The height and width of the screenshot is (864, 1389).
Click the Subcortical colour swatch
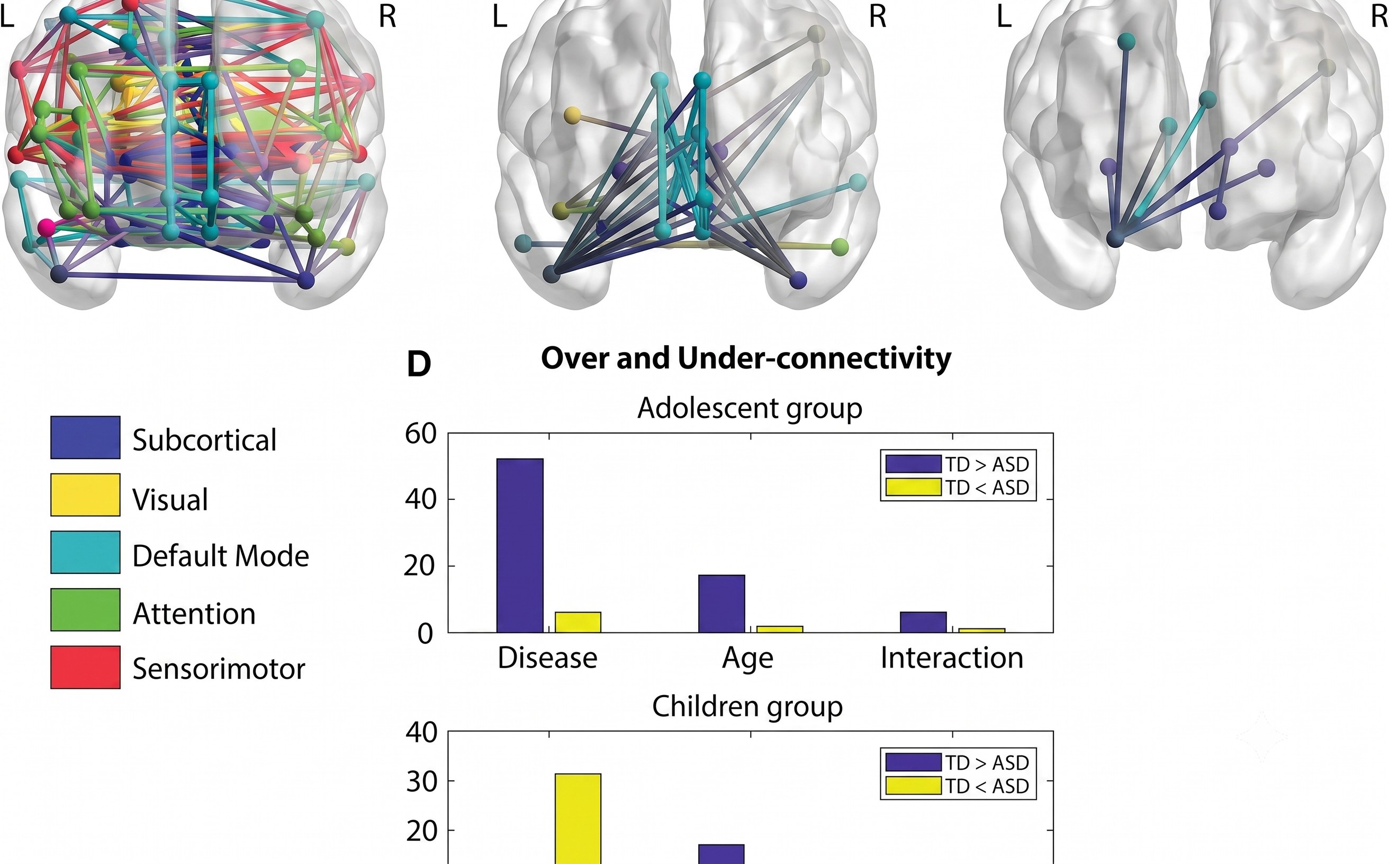pyautogui.click(x=85, y=437)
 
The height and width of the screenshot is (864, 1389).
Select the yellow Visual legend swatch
pyautogui.click(x=85, y=495)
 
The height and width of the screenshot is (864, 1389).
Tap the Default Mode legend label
pyautogui.click(x=221, y=555)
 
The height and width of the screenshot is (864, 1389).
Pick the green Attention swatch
pyautogui.click(x=85, y=610)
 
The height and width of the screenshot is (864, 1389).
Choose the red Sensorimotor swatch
pyautogui.click(x=85, y=668)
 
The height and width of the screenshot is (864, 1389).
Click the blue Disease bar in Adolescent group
pyautogui.click(x=520, y=545)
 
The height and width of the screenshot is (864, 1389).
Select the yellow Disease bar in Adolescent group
pyautogui.click(x=578, y=622)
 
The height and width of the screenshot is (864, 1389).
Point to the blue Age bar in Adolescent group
pyautogui.click(x=721, y=604)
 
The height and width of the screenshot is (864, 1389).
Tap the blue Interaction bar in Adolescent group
pyautogui.click(x=923, y=622)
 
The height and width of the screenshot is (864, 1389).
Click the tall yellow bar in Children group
pyautogui.click(x=578, y=819)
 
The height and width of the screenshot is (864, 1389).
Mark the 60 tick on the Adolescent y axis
pyautogui.click(x=421, y=434)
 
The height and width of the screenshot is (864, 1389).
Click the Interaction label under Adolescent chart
pyautogui.click(x=951, y=658)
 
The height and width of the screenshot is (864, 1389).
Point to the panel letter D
pyautogui.click(x=418, y=364)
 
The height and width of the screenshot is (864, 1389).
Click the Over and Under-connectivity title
pyautogui.click(x=746, y=358)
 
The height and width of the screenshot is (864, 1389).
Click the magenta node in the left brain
pyautogui.click(x=47, y=227)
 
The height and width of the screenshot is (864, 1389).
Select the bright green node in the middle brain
pyautogui.click(x=840, y=247)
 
